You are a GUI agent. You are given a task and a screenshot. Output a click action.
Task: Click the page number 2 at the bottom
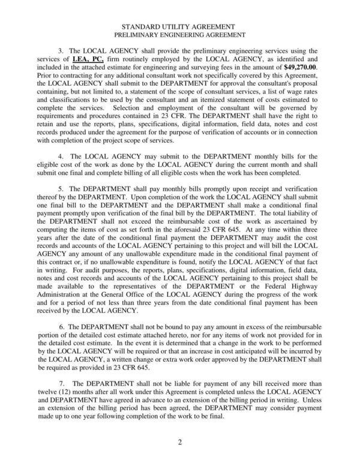pos(179,443)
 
